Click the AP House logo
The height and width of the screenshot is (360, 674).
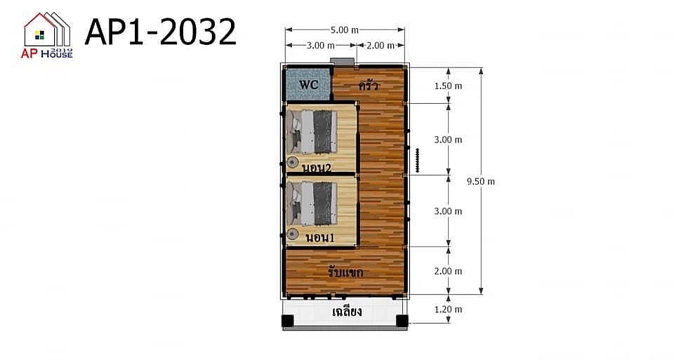[47, 35]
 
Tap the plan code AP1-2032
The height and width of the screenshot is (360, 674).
[161, 32]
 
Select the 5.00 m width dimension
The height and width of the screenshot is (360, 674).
[345, 30]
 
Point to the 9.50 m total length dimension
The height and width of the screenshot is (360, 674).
[481, 181]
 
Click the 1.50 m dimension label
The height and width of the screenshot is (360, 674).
[448, 86]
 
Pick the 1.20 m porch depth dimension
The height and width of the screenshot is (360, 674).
[448, 309]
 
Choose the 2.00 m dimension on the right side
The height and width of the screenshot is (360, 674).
[448, 271]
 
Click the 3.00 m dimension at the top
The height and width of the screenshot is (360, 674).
[321, 45]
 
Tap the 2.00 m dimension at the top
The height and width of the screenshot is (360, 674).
[380, 45]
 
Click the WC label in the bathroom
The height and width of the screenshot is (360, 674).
[309, 85]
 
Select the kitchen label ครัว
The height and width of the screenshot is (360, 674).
[369, 86]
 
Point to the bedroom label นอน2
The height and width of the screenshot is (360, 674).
[317, 168]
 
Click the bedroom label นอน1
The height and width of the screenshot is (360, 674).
[320, 238]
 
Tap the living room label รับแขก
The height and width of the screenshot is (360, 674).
[345, 272]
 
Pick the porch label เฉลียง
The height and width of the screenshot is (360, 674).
[347, 311]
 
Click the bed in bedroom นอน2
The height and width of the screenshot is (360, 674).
[312, 132]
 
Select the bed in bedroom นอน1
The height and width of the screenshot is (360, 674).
[312, 204]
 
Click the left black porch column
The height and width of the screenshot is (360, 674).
[288, 321]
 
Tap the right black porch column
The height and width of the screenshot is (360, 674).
[402, 321]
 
